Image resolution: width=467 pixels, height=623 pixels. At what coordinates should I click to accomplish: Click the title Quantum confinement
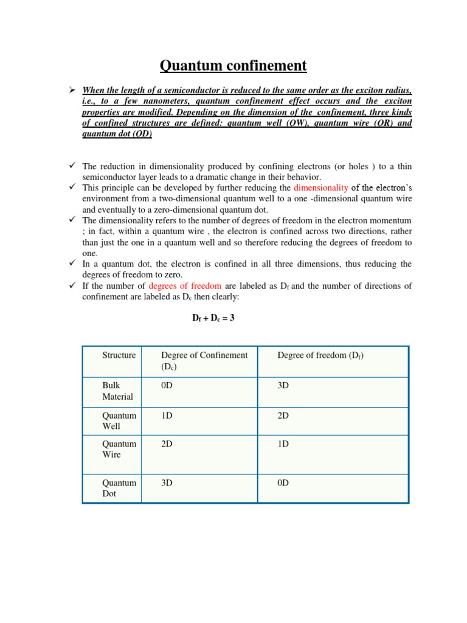tap(233, 65)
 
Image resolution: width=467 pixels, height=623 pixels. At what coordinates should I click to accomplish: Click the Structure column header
tap(119, 355)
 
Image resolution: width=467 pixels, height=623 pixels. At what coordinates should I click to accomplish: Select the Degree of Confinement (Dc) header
tap(204, 361)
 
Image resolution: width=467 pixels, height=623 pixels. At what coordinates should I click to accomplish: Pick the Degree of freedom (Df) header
tap(320, 355)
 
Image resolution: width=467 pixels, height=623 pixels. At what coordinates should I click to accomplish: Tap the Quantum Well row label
tap(119, 420)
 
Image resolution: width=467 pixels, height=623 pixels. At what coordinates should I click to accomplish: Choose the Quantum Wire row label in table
tap(119, 449)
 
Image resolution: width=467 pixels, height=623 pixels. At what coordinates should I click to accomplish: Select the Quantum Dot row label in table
tap(119, 488)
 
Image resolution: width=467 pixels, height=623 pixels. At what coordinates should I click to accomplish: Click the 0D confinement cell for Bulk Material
tap(167, 386)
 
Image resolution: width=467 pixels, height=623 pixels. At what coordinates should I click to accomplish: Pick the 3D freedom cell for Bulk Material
tap(283, 386)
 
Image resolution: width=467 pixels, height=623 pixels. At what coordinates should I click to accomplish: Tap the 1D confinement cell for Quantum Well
tap(167, 415)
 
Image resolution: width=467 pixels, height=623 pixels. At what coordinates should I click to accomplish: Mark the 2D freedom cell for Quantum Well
tap(283, 415)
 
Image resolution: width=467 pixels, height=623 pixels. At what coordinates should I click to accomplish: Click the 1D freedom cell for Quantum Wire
tap(283, 444)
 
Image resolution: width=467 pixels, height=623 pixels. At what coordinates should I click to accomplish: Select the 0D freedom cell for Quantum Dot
tap(283, 482)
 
